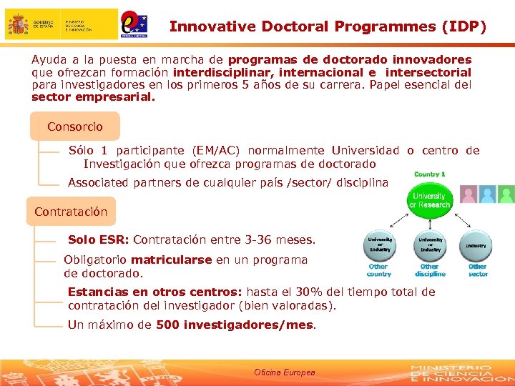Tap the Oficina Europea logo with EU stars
[134, 23]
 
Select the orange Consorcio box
[74, 127]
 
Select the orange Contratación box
[71, 212]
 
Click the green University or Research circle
[429, 200]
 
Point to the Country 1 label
[429, 174]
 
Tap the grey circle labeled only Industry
[476, 245]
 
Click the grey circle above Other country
[379, 245]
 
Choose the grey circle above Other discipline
[429, 245]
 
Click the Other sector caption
[477, 270]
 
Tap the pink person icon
[469, 194]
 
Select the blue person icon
[488, 194]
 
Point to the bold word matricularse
[171, 259]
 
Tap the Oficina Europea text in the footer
[284, 372]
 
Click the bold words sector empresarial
[93, 96]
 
